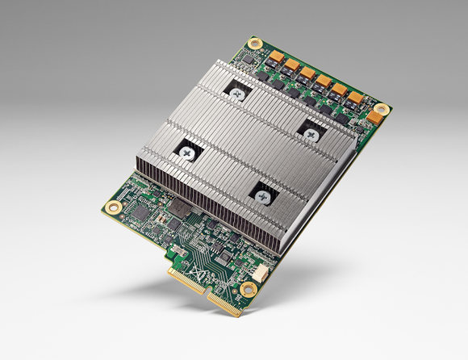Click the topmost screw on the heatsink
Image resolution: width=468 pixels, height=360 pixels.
[238, 94]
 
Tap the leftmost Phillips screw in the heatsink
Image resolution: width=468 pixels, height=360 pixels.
[188, 151]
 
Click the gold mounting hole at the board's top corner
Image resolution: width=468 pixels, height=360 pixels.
[255, 43]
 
